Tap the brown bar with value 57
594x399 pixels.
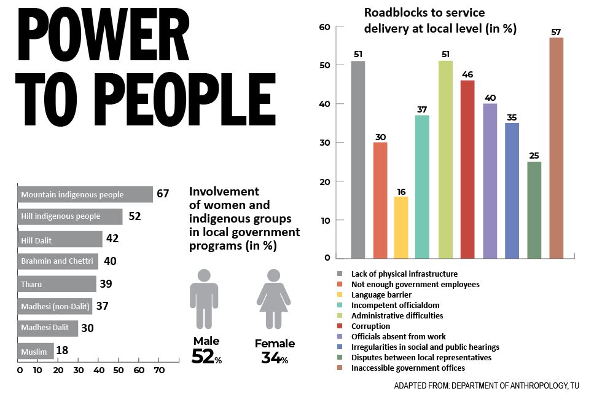point(556,148)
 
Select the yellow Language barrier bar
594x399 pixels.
point(401,227)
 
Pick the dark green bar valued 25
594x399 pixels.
point(534,209)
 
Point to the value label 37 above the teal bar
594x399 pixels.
point(422,109)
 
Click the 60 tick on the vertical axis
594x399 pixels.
point(324,27)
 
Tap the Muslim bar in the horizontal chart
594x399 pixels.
point(36,351)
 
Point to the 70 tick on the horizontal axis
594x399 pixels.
point(159,371)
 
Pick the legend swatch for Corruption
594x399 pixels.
point(339,326)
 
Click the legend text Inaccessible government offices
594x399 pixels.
point(408,368)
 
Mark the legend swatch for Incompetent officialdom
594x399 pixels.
point(339,305)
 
